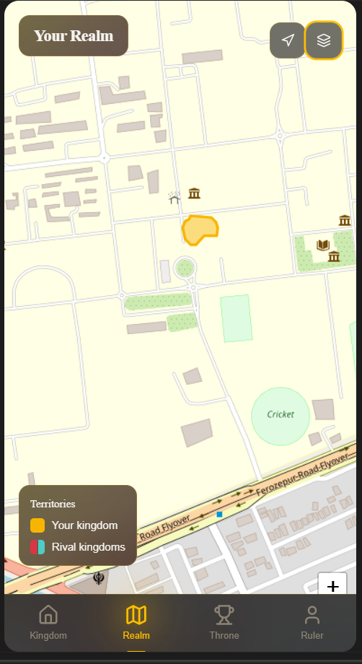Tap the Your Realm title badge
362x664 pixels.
click(x=74, y=35)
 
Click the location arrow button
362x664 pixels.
click(x=288, y=40)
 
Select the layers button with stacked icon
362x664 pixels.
click(x=324, y=40)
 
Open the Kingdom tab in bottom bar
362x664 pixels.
click(x=48, y=622)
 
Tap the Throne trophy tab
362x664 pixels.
click(x=224, y=622)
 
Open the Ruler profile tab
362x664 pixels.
click(x=312, y=622)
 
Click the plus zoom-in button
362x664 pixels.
click(x=332, y=586)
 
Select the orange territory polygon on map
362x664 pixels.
click(x=199, y=230)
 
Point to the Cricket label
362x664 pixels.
click(x=281, y=414)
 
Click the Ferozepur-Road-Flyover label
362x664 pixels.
click(x=303, y=476)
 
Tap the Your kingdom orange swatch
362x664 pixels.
click(x=37, y=525)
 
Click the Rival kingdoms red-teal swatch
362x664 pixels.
click(x=37, y=547)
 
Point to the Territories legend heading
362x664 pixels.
click(x=53, y=504)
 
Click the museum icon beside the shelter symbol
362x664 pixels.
click(x=194, y=193)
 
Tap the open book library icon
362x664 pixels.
click(x=322, y=245)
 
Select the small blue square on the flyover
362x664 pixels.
click(x=219, y=515)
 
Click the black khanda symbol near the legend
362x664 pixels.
click(x=99, y=577)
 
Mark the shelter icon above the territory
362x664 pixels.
click(x=174, y=197)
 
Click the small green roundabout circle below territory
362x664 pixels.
click(x=185, y=268)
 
